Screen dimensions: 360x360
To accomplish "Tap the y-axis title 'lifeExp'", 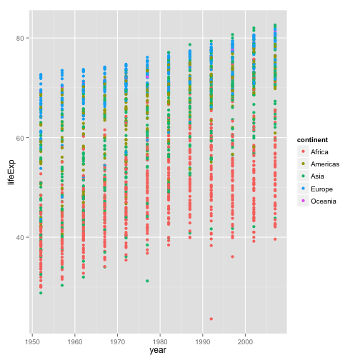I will (10, 171).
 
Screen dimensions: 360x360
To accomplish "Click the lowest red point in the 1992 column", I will (211, 319).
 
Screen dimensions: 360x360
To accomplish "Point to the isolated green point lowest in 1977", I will (147, 281).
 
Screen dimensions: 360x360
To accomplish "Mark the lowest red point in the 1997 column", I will (233, 256).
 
